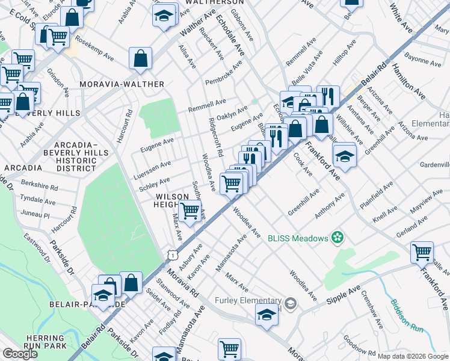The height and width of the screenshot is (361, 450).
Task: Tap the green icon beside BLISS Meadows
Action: (337, 238)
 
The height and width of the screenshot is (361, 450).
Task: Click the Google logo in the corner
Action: (20, 353)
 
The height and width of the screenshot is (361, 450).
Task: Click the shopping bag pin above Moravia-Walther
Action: (140, 59)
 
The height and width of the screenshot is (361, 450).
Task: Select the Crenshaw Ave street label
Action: (372, 309)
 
